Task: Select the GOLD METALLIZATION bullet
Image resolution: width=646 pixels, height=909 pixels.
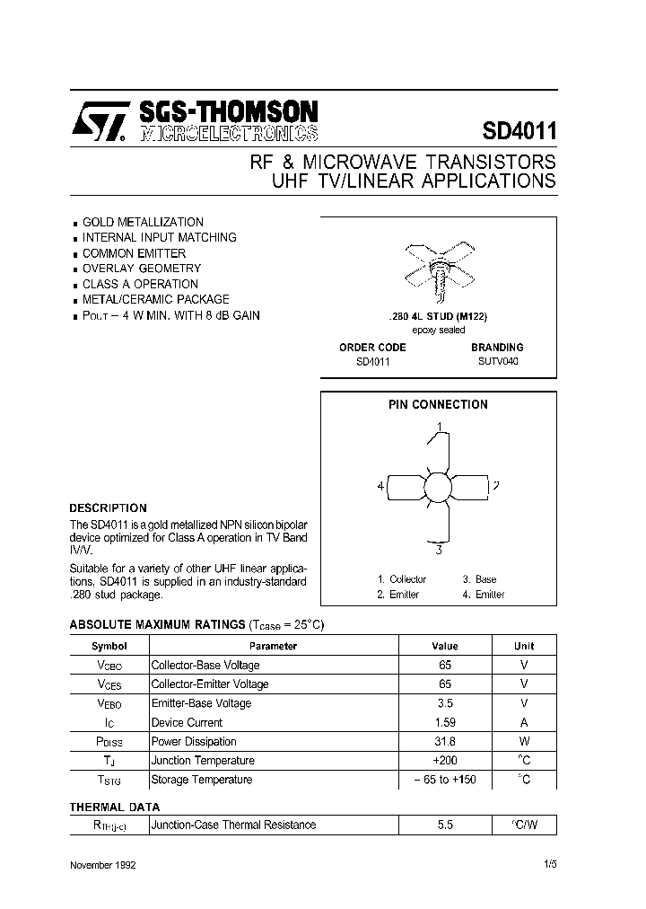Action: (143, 222)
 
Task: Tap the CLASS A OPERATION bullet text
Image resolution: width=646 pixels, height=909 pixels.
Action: (140, 284)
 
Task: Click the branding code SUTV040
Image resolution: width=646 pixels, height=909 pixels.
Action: (497, 362)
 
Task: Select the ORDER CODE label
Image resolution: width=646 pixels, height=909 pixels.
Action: (372, 348)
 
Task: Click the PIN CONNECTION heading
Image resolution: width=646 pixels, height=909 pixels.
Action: (438, 405)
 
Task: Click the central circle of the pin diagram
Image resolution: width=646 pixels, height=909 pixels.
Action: (439, 487)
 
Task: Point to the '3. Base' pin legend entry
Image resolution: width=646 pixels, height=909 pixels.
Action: (479, 580)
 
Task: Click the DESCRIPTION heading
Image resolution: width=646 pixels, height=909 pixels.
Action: (108, 508)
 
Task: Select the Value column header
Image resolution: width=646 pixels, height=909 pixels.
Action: (445, 646)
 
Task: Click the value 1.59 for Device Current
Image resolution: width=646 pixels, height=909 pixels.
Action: (445, 722)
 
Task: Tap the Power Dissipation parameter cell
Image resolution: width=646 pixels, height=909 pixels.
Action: (194, 742)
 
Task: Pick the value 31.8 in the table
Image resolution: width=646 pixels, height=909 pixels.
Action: (445, 742)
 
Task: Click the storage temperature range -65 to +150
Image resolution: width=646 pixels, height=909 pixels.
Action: (445, 780)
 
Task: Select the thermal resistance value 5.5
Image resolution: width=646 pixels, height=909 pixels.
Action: (445, 825)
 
